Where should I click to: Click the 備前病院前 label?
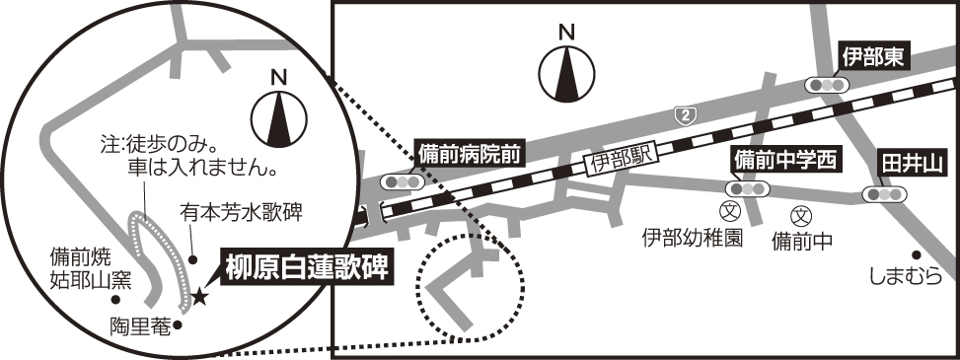point(469,154)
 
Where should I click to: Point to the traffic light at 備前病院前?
point(403,181)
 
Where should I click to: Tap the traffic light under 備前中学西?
point(748,189)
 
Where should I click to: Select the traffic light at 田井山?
point(884,194)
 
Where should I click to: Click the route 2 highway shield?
point(684,113)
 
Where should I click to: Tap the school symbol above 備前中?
point(801,215)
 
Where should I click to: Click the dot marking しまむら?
point(916,254)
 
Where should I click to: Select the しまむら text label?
point(906,277)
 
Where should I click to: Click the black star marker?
point(199,298)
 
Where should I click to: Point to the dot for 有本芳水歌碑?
point(192,260)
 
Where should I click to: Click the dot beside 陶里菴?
point(178,325)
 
